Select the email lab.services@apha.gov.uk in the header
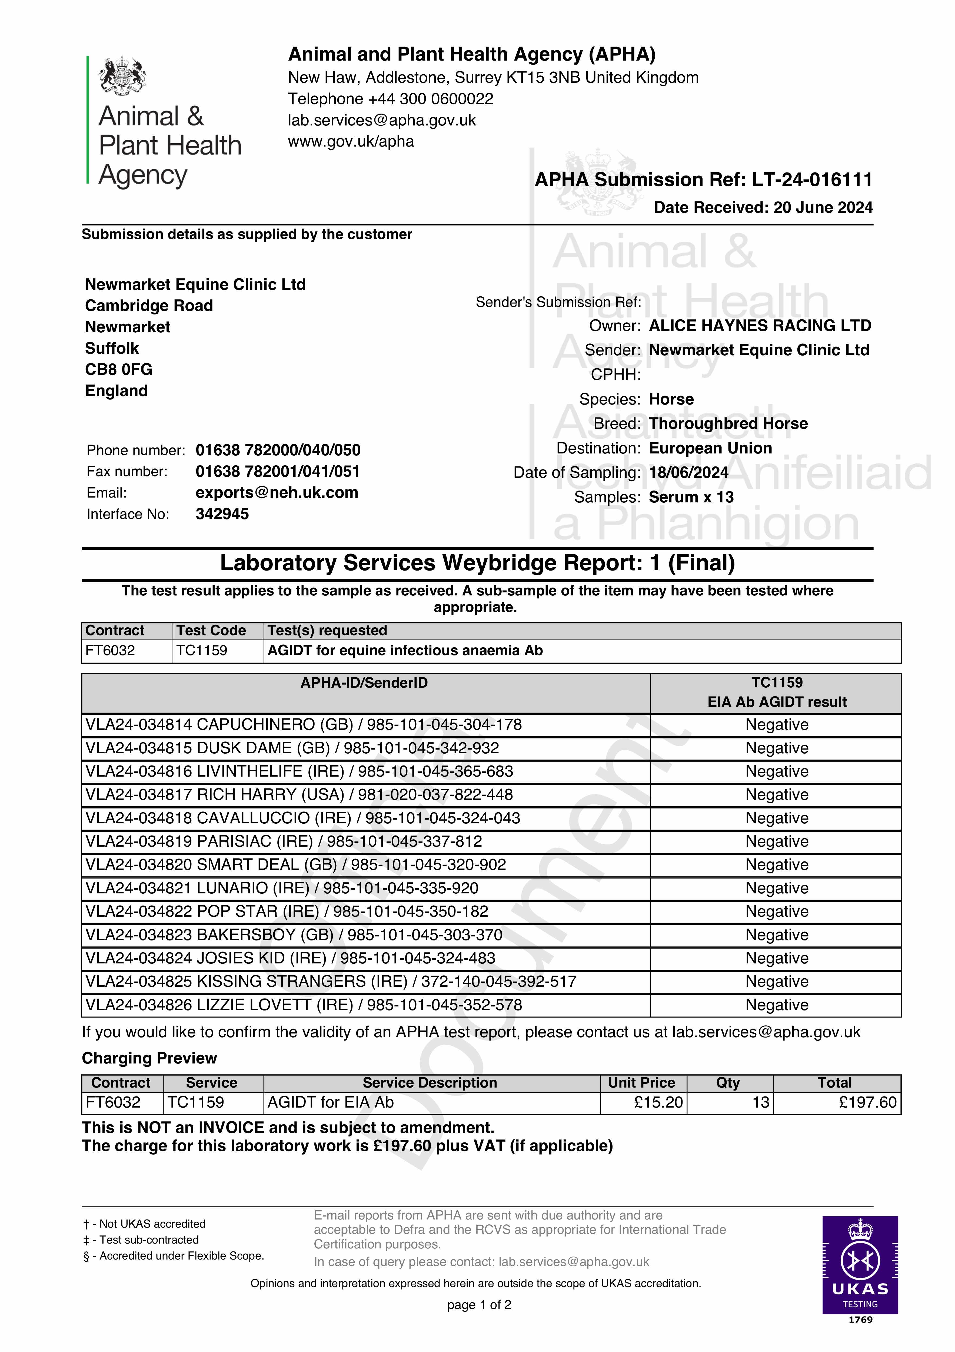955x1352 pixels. click(x=381, y=120)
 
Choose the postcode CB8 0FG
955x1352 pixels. click(x=118, y=369)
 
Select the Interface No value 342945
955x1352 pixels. click(x=222, y=514)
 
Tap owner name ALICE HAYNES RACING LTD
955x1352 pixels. click(x=760, y=326)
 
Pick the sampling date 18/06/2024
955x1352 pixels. click(x=688, y=472)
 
